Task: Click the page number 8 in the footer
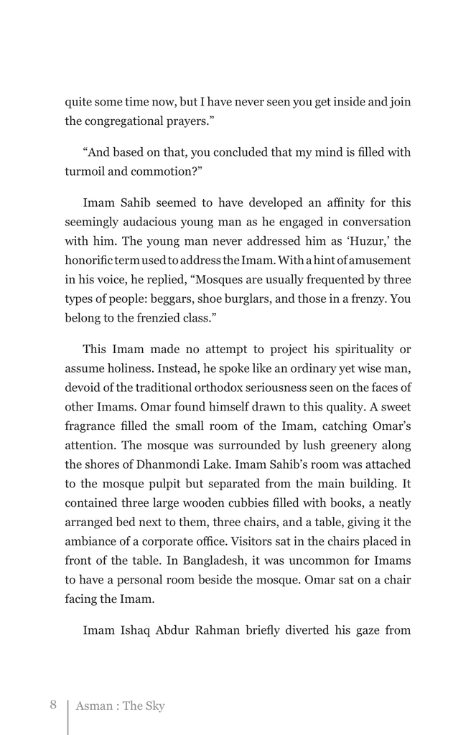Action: (x=53, y=704)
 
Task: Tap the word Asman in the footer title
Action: (x=94, y=706)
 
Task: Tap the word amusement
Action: (x=378, y=260)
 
